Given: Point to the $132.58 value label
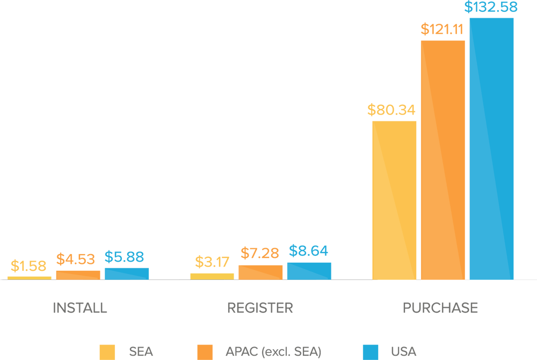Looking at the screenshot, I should [x=491, y=8].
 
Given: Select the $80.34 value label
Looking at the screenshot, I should [x=391, y=110].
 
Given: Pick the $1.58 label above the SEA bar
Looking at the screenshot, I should [x=28, y=266].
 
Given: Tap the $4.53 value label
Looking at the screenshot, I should [x=76, y=260].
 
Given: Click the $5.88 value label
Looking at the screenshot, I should [x=125, y=257].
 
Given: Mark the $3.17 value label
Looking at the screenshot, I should [x=212, y=263].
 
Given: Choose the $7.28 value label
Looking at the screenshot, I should [x=260, y=253].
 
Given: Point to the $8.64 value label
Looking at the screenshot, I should [x=309, y=251].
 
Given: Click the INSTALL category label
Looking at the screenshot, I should [x=80, y=308].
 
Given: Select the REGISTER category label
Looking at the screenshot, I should [x=260, y=308].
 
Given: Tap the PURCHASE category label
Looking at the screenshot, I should [x=440, y=308].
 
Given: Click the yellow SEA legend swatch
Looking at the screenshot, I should [x=107, y=352].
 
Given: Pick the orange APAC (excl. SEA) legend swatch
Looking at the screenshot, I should [x=205, y=352].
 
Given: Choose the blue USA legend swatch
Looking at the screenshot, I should [x=370, y=352].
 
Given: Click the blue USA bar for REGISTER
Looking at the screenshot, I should [x=309, y=271].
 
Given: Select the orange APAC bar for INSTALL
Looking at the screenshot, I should [x=78, y=275].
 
